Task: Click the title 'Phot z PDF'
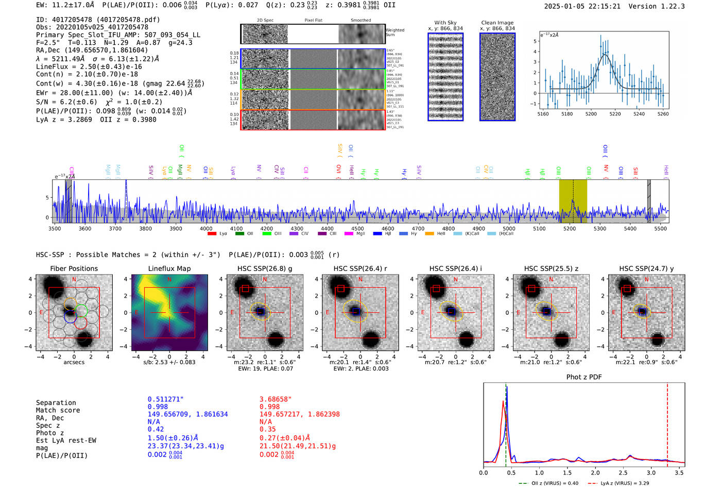tap(584, 377)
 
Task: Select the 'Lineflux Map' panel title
tap(169, 268)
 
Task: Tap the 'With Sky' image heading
tap(445, 23)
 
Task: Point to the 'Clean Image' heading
tap(497, 23)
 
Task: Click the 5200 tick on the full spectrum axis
tap(569, 229)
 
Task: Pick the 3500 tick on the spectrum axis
tap(55, 229)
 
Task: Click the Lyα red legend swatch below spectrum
tap(212, 234)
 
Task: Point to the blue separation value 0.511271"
tap(165, 399)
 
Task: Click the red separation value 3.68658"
tap(276, 399)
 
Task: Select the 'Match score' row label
tap(58, 411)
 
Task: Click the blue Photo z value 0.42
tap(156, 429)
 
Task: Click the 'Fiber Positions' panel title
tap(74, 268)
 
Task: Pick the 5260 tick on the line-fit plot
tap(663, 114)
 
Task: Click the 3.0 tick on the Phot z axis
tap(651, 472)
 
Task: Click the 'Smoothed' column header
tap(360, 21)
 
